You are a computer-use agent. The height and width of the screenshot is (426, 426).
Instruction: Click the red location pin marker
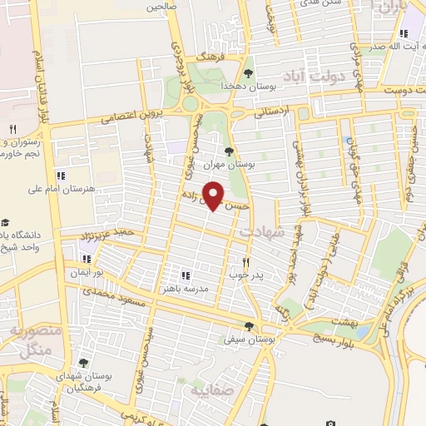coord(214,196)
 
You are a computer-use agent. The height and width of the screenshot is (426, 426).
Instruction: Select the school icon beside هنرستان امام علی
coord(60,176)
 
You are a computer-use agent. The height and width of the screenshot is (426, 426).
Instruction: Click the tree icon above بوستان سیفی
coord(248,326)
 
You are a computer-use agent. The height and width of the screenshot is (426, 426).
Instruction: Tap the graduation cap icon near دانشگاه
coord(5,222)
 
